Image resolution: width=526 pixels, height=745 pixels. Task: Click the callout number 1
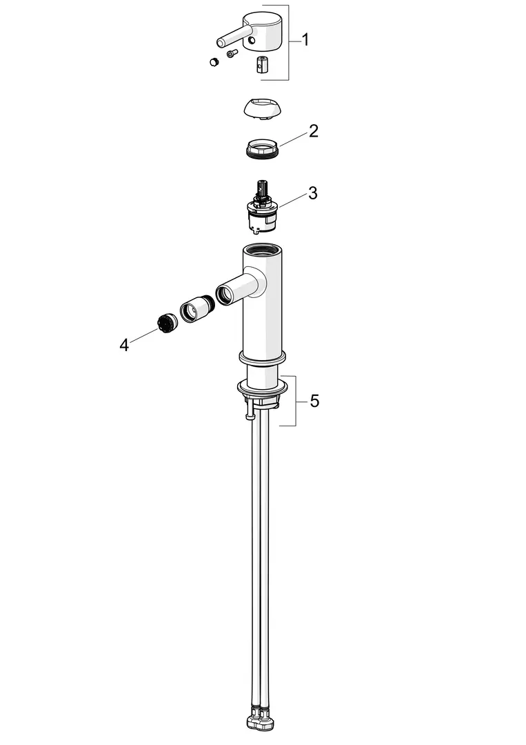point(305,40)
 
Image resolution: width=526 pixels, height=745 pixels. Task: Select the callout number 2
point(313,131)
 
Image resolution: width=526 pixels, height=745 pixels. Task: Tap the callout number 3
point(312,193)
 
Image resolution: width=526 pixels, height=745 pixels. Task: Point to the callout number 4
point(124,345)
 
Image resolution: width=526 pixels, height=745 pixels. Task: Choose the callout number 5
point(314,401)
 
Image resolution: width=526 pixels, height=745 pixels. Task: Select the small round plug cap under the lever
point(214,61)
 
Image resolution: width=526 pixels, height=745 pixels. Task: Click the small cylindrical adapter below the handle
point(262,65)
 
